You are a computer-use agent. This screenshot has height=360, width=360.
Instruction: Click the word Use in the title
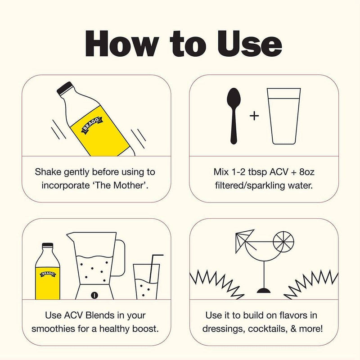(250, 44)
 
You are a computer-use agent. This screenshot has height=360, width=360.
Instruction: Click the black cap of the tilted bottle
(64, 88)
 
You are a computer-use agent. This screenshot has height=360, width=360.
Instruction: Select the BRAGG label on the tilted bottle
(92, 126)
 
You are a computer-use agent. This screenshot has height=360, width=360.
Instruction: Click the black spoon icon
(234, 116)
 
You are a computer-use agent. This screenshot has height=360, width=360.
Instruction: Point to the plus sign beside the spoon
(254, 116)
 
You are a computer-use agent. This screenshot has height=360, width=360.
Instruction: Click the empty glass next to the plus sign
(284, 116)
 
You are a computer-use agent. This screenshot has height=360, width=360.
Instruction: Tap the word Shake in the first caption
(48, 172)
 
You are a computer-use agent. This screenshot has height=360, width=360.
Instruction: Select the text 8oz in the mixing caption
(307, 172)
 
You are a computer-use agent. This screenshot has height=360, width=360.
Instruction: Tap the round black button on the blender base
(94, 295)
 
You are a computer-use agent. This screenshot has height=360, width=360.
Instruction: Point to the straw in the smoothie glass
(154, 268)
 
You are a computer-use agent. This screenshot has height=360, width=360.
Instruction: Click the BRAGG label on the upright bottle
(48, 274)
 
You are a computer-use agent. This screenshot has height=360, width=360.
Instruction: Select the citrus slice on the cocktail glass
(283, 242)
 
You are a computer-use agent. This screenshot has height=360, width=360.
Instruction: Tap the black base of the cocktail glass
(264, 291)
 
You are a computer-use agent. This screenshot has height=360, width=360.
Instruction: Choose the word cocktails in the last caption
(267, 329)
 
